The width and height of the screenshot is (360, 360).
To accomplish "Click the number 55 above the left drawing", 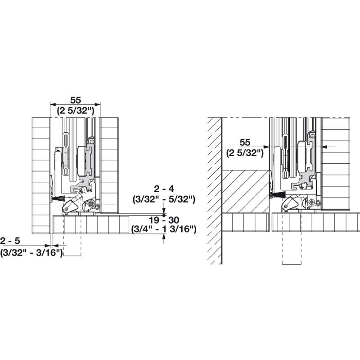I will pyautogui.click(x=75, y=100).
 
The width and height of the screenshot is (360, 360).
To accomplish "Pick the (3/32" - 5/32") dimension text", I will pyautogui.click(x=163, y=198).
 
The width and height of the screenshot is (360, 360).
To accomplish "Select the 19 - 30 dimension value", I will pyautogui.click(x=163, y=220).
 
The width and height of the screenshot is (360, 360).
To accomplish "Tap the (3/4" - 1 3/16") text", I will pyautogui.click(x=163, y=229).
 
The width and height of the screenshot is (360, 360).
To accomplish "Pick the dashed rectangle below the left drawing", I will pyautogui.click(x=72, y=245).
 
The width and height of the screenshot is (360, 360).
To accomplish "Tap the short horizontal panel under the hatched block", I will pyautogui.click(x=246, y=223).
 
